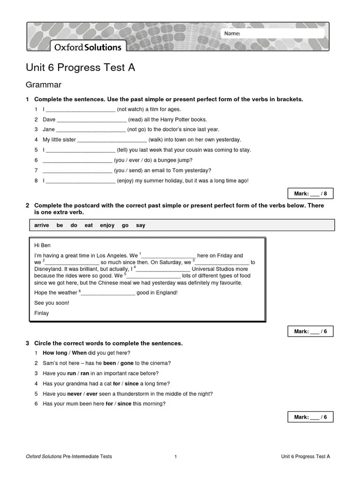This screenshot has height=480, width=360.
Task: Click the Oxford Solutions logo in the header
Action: click(x=88, y=47)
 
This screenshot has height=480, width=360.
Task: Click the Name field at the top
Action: click(x=273, y=33)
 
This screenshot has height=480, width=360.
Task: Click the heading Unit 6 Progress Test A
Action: click(x=80, y=67)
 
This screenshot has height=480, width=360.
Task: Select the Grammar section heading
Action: click(x=44, y=85)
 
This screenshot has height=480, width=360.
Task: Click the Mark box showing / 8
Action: click(x=310, y=194)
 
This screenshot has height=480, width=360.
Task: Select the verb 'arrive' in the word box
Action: click(x=42, y=225)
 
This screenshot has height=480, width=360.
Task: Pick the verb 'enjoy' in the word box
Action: click(x=107, y=225)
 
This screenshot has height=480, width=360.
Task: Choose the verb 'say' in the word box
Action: click(x=141, y=225)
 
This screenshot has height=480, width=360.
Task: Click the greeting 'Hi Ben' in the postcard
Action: click(x=43, y=245)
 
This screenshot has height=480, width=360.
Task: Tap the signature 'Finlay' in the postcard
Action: click(x=42, y=313)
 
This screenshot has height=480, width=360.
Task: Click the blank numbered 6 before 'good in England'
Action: click(x=108, y=293)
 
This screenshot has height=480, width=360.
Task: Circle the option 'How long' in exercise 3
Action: click(x=55, y=353)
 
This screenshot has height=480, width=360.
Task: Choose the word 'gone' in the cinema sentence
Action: click(x=127, y=363)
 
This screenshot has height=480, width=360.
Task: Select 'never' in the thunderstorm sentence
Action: click(x=75, y=394)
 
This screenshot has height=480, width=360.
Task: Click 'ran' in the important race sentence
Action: click(x=85, y=374)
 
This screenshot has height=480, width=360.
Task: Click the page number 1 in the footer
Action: click(x=175, y=457)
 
